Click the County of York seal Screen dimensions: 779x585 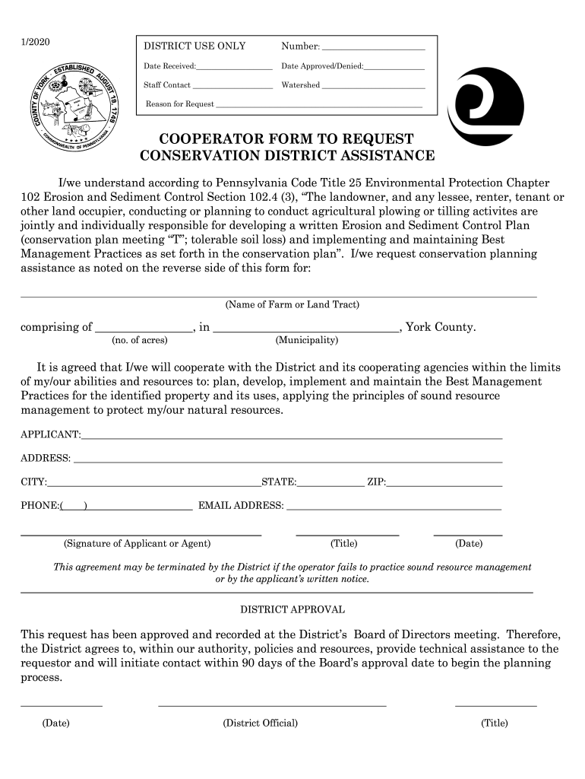[71, 105]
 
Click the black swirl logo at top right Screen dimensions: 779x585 [485, 107]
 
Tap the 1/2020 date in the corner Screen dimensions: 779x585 [34, 42]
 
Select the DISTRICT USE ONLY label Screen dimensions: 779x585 [194, 46]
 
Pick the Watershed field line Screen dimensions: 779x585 [373, 87]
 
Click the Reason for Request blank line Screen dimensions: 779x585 [318, 106]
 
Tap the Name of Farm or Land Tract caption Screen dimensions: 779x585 [292, 305]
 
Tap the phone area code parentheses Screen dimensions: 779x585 [74, 506]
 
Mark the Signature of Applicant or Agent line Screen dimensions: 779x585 [141, 535]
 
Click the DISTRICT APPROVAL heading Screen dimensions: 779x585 [292, 609]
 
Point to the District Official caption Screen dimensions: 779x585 [260, 723]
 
